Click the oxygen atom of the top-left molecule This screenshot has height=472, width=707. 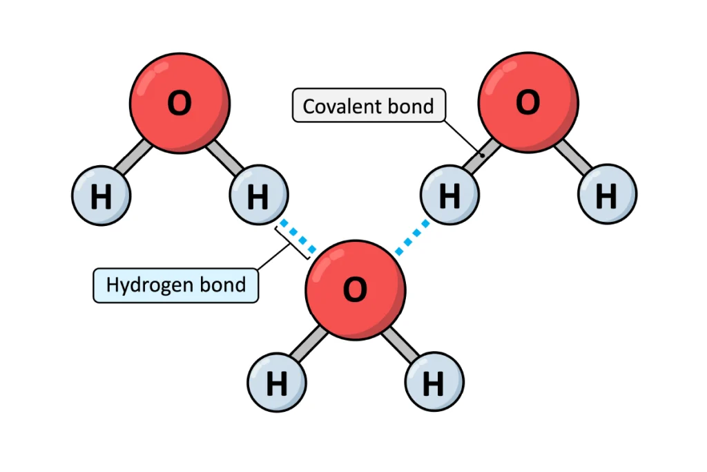[180, 104]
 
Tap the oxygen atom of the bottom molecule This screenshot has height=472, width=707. [355, 290]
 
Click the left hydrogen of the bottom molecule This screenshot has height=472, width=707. [277, 383]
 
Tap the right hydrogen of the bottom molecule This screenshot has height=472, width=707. [434, 383]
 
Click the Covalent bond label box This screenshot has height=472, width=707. [369, 106]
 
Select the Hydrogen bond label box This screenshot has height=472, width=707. [176, 285]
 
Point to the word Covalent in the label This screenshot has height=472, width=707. [335, 106]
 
